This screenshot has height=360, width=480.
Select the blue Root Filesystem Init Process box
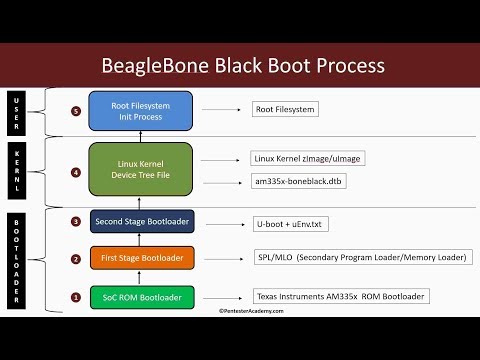140,110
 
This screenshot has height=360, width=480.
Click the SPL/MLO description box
355,258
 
